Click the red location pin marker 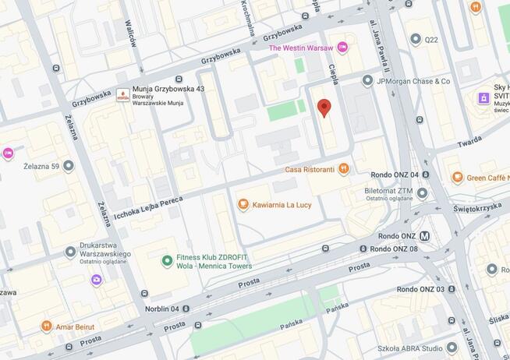tap(324, 108)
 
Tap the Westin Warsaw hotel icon tap(342, 48)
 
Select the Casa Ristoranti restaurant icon tap(344, 169)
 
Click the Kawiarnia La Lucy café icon tap(243, 205)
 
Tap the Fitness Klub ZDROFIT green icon tap(166, 261)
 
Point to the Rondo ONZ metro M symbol tap(425, 236)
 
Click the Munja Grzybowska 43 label tap(168, 90)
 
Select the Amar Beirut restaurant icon tap(46, 326)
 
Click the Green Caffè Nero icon tap(458, 178)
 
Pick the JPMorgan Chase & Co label tap(413, 81)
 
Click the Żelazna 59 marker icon tap(69, 165)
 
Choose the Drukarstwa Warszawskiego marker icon tap(71, 252)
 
